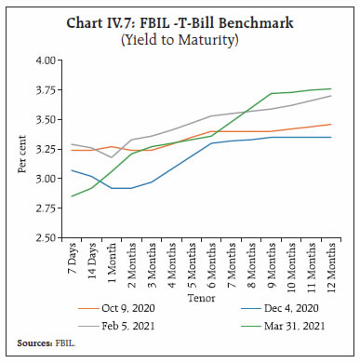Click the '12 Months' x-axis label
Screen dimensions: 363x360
coord(331,267)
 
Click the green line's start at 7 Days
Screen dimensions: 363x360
coord(72,196)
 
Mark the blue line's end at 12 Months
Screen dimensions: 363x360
coord(331,137)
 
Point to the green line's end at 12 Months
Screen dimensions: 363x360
coord(331,88)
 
